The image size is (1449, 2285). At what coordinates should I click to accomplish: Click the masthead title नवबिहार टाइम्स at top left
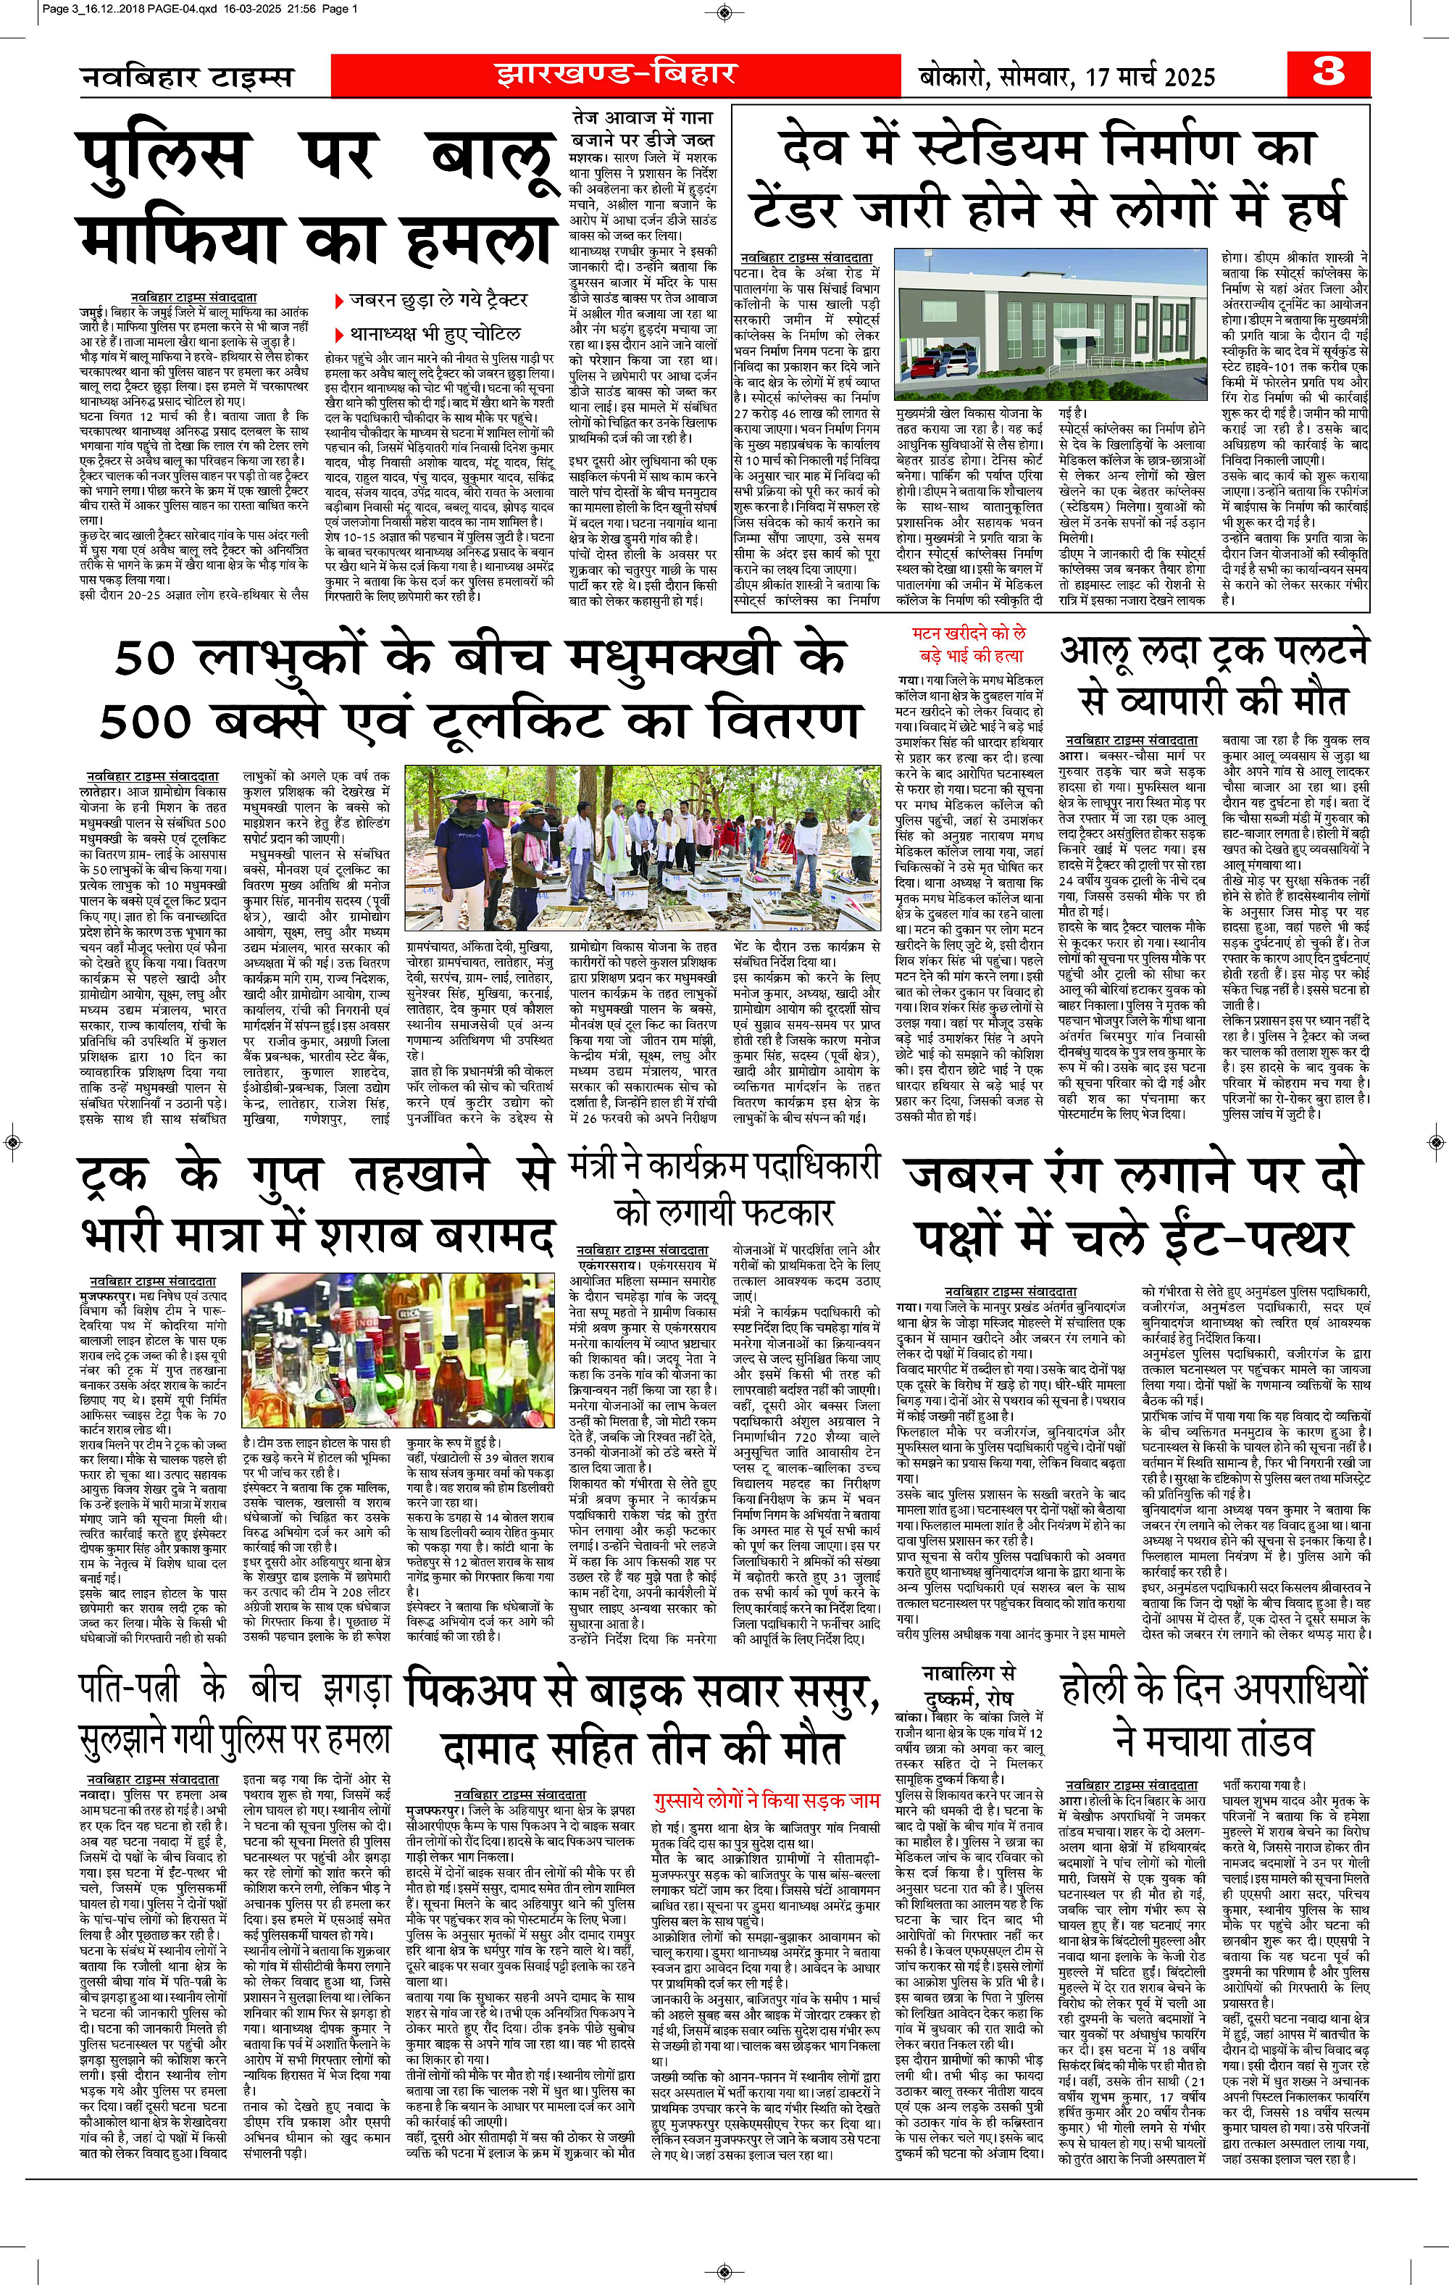pyautogui.click(x=187, y=77)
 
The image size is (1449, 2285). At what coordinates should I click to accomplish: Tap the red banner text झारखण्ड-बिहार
pyautogui.click(x=615, y=73)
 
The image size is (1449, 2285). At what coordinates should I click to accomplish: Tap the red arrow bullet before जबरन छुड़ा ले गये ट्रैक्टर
pyautogui.click(x=339, y=301)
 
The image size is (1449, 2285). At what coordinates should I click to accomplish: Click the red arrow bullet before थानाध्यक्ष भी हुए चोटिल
pyautogui.click(x=339, y=334)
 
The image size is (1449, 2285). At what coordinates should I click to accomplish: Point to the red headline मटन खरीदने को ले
pyautogui.click(x=968, y=633)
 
